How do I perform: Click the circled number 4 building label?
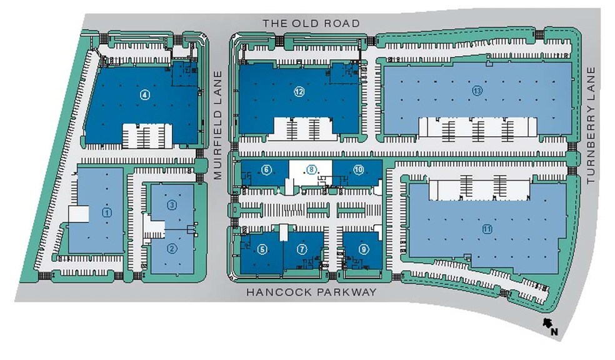(x=145, y=94)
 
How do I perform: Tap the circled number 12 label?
(x=299, y=92)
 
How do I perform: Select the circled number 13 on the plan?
(x=477, y=91)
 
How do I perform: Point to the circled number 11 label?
(x=487, y=229)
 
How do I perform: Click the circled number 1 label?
(x=107, y=212)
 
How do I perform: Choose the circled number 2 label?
(x=172, y=248)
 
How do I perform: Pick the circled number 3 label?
(x=172, y=205)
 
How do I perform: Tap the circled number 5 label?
(x=262, y=249)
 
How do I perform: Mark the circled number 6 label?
(x=266, y=170)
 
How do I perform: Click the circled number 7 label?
(x=302, y=249)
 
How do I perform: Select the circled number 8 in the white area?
(x=311, y=170)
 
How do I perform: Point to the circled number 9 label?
(x=364, y=249)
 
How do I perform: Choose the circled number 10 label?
(x=359, y=170)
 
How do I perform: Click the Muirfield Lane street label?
(x=218, y=125)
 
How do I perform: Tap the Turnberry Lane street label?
(x=591, y=125)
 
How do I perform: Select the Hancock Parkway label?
(x=311, y=292)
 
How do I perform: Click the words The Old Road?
(x=311, y=24)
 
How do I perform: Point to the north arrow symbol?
(x=547, y=322)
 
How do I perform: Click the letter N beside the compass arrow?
(x=554, y=332)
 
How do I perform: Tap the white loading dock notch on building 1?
(x=79, y=214)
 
